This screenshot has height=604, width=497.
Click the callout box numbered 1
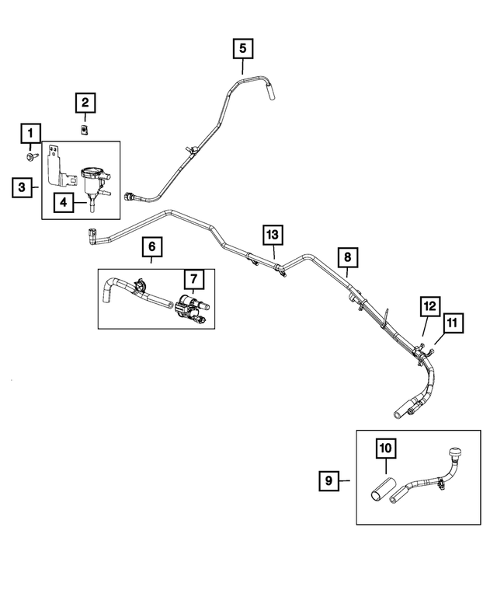(30, 133)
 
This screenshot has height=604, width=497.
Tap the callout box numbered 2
(85, 103)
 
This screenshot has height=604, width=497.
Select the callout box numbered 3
(23, 187)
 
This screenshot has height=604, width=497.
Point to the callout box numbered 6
(152, 247)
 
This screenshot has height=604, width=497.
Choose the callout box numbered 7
(192, 278)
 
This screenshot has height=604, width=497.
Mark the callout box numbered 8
(347, 257)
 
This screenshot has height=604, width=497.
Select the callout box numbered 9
(329, 482)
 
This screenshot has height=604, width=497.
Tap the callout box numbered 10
(386, 449)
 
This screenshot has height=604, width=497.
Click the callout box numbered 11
(453, 320)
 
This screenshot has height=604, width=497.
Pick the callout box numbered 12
(429, 306)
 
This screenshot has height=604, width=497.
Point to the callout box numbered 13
(272, 234)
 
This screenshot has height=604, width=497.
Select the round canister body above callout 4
(92, 172)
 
